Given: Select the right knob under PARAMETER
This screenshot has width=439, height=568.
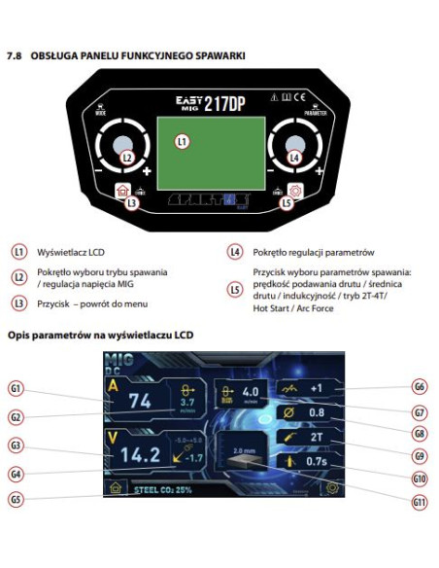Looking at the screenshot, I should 294,147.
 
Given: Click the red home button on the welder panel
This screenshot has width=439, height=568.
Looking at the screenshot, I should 122,191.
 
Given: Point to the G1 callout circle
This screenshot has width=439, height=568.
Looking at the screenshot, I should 15,388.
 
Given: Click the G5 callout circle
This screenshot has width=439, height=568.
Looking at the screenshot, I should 15,498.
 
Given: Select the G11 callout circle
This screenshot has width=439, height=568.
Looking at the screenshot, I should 419,501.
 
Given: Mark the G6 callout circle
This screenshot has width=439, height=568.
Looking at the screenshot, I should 419,386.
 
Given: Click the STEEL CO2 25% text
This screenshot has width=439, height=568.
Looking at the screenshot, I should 167,490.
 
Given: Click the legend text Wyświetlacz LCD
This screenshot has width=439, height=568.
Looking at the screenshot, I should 69,250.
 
